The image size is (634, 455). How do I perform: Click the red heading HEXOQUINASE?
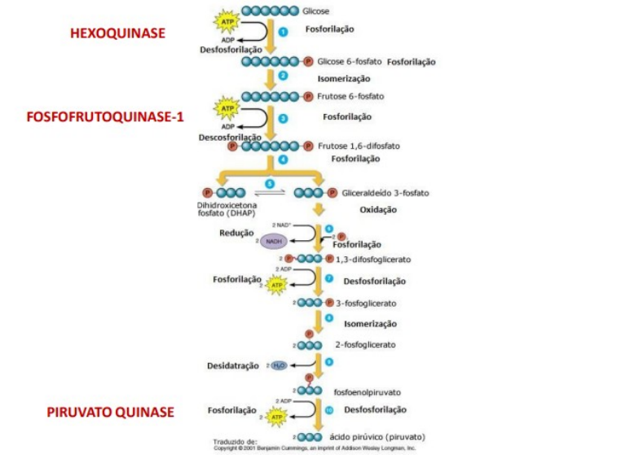pos(117,33)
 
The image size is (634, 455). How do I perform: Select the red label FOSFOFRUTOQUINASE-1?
pos(105,117)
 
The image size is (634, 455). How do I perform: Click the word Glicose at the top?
pos(316,12)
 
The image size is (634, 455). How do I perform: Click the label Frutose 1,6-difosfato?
pos(359,147)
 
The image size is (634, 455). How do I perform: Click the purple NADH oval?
pos(274,242)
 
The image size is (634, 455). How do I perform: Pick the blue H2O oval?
pos(279,365)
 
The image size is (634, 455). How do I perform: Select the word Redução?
pos(237,233)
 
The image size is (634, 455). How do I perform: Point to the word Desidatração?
pos(232,365)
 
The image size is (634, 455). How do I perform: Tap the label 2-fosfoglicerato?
pos(365,344)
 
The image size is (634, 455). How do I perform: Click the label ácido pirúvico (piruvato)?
pos(377,436)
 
